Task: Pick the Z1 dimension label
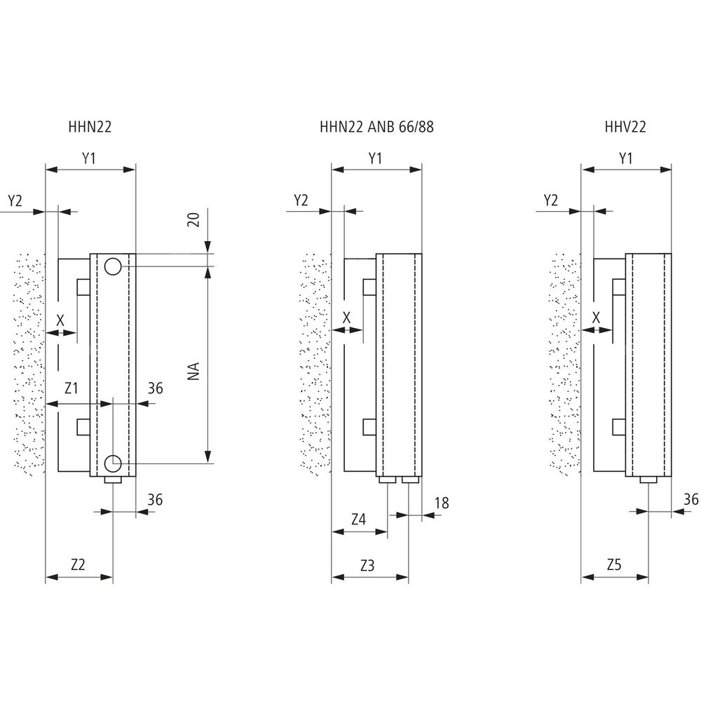tap(71, 388)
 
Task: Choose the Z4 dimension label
tap(358, 519)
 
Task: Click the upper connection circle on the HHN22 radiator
tap(113, 266)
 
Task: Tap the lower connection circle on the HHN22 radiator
tap(113, 462)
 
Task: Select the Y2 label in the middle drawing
tap(301, 200)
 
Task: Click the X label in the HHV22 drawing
tap(597, 318)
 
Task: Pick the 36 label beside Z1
tap(156, 388)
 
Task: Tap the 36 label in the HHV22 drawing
tap(690, 499)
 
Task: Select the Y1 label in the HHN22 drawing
tap(89, 158)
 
